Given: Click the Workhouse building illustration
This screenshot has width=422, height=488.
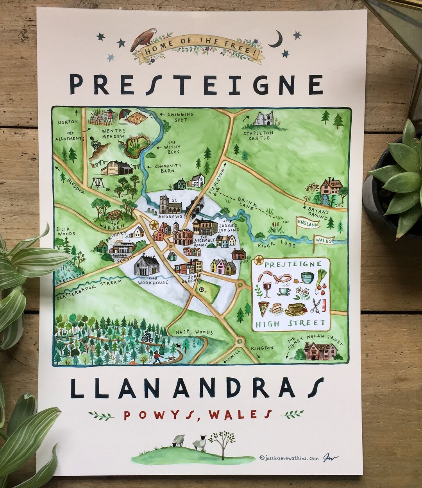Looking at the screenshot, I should click(x=146, y=266).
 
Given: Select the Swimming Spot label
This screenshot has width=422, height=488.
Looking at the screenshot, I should click(x=180, y=116).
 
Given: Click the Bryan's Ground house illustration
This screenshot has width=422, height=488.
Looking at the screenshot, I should click(x=331, y=187).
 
